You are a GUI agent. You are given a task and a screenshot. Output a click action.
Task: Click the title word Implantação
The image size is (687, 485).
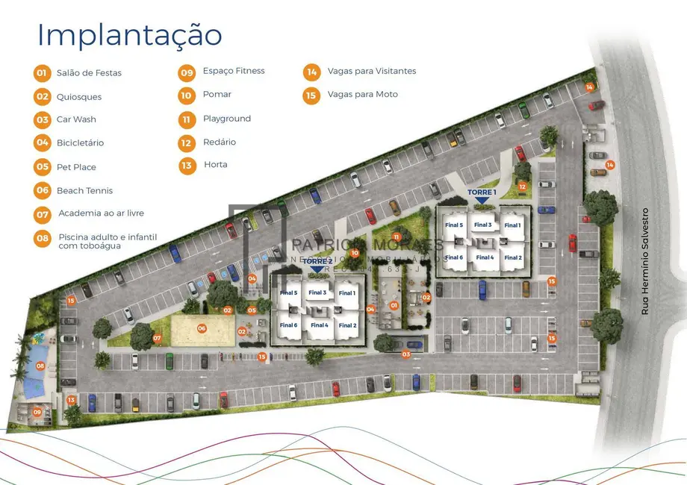coord(129,35)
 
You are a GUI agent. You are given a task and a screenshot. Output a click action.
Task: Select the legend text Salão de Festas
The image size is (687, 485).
coord(89,73)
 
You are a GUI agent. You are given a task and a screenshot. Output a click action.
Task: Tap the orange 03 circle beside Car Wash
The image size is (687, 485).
coord(42,119)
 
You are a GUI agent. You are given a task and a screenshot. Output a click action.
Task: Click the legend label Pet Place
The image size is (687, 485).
coord(76,167)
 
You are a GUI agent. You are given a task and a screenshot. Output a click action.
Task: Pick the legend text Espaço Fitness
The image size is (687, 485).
coord(234,71)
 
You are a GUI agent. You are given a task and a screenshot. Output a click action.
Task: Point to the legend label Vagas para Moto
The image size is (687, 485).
coord(362,95)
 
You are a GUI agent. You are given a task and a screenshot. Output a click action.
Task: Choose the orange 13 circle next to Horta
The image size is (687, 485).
coord(187,165)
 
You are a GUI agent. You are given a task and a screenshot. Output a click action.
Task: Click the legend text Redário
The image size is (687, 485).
coord(220,142)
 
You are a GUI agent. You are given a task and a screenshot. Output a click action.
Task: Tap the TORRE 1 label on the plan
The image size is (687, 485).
coord(482,193)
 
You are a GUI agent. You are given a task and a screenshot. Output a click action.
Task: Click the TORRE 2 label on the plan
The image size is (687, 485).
coord(317,262)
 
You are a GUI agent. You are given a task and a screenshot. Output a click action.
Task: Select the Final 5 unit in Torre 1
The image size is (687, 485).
coord(454,225)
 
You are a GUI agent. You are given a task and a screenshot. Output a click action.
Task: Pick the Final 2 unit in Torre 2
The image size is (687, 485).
coord(347,325)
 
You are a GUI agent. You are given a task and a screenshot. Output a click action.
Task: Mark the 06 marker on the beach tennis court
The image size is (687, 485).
coord(202,328)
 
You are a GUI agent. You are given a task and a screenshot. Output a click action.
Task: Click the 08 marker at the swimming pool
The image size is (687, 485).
coord(40,366)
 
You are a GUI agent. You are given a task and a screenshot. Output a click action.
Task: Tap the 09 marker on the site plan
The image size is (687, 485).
coord(37,411)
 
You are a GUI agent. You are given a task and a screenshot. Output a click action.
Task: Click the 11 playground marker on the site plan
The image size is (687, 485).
coord(397,237)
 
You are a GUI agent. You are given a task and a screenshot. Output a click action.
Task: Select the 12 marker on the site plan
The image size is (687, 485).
coord(522,187)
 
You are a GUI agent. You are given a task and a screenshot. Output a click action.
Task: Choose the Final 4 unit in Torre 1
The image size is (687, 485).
coord(485,257)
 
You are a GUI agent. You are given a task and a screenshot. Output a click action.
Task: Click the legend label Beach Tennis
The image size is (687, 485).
coord(84,191)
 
